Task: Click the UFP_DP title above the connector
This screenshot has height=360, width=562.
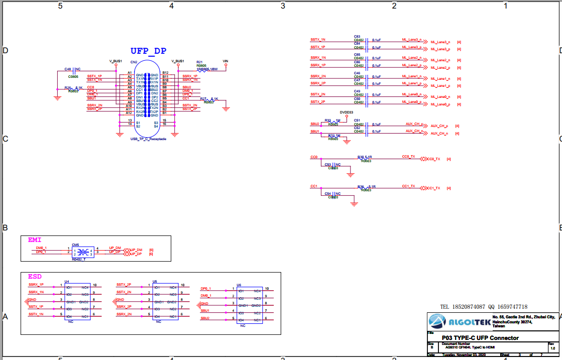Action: pos(148,51)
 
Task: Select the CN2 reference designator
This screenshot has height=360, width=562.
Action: pos(134,62)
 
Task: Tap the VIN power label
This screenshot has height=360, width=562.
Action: pos(226,61)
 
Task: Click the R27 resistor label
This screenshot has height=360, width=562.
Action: pos(203,99)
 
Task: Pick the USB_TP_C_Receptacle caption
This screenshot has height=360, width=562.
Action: pos(148,139)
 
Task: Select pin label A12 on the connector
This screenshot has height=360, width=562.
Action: pos(129,113)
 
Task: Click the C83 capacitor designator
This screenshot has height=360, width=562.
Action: pos(357,37)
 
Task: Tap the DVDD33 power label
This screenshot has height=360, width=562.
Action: pos(347,112)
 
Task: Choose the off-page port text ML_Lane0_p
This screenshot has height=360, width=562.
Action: pos(440,104)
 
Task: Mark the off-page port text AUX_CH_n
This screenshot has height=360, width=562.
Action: pos(439,134)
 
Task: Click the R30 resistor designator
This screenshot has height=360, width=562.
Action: pos(360,157)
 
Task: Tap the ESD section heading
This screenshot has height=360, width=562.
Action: pos(35,277)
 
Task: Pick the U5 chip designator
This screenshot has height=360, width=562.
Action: pos(155,282)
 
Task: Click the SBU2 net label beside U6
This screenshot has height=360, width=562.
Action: pos(205,318)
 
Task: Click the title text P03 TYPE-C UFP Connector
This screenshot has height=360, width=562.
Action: pos(480,338)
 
